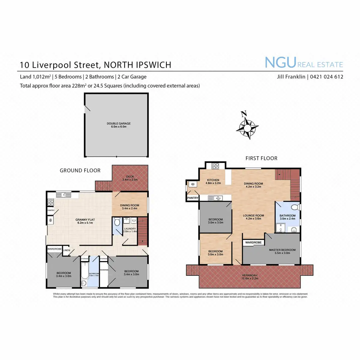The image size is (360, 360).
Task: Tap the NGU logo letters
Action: click(280, 62)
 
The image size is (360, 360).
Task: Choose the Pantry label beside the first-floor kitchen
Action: click(193, 198)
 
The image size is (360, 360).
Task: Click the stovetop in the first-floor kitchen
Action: click(216, 165)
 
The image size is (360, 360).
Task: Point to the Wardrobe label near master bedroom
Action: click(253, 242)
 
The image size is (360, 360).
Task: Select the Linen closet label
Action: click(67, 250)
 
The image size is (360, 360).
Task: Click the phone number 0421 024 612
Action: click(326, 77)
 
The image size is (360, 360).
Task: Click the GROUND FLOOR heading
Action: click(80, 170)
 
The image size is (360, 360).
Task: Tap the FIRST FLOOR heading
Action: click(261, 158)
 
